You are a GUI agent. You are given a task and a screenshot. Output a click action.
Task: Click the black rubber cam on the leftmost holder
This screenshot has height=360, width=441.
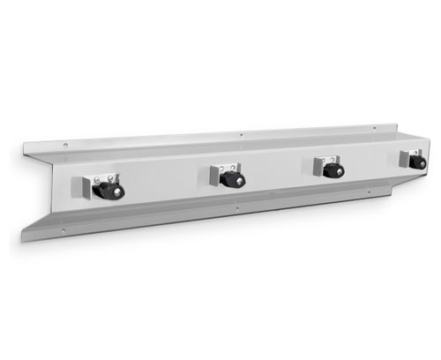coord(112,191)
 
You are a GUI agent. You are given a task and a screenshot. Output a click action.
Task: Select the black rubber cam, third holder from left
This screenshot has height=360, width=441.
coord(333,170)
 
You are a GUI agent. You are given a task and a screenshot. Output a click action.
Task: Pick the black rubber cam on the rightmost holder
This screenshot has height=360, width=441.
coord(417,162)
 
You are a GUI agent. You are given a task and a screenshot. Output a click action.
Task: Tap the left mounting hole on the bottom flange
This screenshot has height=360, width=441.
coord(64,231)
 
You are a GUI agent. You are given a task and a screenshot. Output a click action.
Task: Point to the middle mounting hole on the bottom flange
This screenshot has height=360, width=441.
coord(235,208)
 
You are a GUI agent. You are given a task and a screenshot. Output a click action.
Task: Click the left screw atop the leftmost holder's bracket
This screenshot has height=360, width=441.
coord(96,175)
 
